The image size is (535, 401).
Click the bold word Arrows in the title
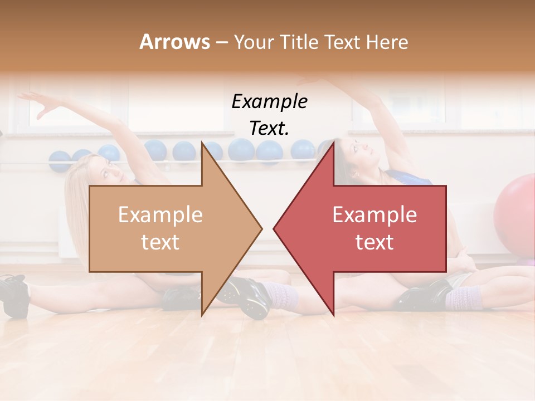point(174,42)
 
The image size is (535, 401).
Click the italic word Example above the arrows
point(269,102)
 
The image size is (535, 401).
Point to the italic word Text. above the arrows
point(269,129)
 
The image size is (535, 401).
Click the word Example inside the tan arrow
point(160,215)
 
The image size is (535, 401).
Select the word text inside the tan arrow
point(160,242)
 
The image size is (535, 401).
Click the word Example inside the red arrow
point(374,215)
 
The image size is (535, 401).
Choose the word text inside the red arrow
point(374,242)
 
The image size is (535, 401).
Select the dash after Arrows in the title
point(221,43)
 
